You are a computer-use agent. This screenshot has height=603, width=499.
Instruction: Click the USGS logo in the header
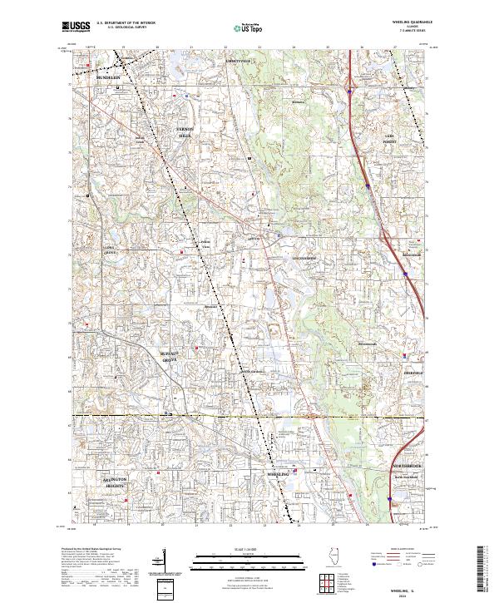click(x=77, y=27)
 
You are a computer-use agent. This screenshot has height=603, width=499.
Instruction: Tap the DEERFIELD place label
click(x=413, y=351)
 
